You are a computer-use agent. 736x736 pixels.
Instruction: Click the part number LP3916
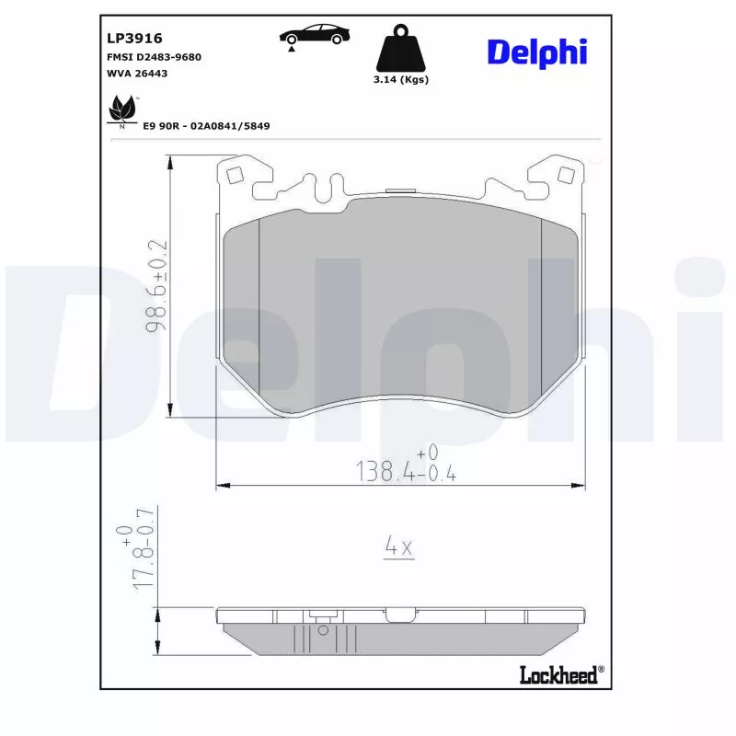click(x=134, y=38)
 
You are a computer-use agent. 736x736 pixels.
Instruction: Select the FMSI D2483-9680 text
click(x=155, y=57)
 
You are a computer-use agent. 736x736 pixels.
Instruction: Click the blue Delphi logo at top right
click(x=536, y=52)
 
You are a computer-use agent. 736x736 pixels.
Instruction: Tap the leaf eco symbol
click(x=121, y=110)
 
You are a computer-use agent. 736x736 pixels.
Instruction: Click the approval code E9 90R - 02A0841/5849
click(x=206, y=125)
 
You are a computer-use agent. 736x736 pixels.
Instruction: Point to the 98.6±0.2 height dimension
click(x=157, y=285)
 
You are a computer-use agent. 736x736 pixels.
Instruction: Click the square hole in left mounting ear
click(x=234, y=174)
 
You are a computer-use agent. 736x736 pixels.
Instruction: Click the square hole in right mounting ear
click(x=567, y=174)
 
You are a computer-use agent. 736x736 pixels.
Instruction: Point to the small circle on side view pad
click(x=322, y=630)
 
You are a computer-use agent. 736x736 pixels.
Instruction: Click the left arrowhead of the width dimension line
click(x=221, y=484)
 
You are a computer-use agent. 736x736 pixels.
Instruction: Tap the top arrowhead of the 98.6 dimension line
click(x=170, y=162)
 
